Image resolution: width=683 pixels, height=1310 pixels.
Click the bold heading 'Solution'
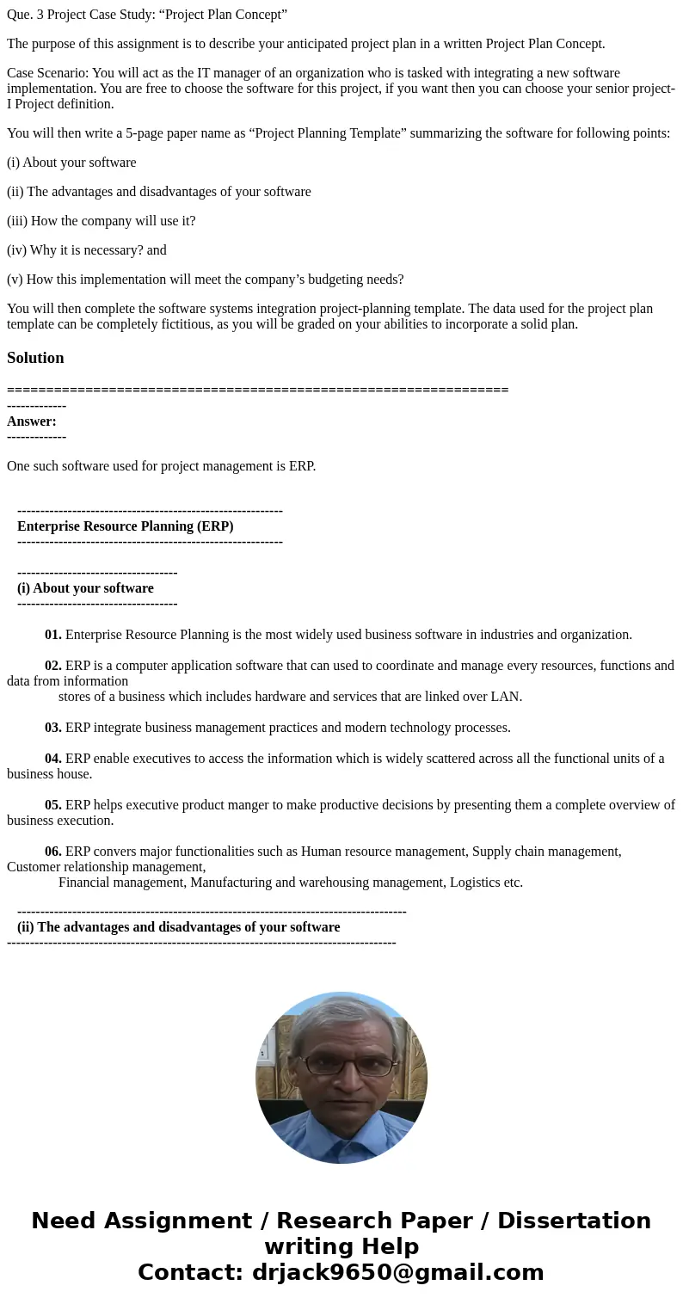tap(35, 358)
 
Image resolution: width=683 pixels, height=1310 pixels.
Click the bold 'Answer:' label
tap(32, 421)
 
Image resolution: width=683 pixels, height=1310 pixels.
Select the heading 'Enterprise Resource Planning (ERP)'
tap(125, 526)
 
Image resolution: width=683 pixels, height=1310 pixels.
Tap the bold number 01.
tap(53, 635)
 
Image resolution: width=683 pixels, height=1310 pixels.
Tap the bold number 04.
tap(53, 759)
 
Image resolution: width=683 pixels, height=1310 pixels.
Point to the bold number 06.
tap(53, 852)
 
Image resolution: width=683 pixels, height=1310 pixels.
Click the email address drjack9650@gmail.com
tap(397, 1273)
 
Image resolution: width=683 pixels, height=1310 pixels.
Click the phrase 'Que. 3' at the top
tap(25, 15)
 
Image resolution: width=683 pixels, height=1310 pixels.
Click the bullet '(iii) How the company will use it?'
tap(101, 221)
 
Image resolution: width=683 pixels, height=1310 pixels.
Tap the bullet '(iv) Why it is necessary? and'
tap(86, 250)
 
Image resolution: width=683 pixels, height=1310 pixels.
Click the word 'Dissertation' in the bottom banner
tap(574, 1221)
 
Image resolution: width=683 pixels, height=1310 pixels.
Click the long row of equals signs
tap(257, 390)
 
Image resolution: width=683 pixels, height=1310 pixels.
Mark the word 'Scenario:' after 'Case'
tap(64, 73)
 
